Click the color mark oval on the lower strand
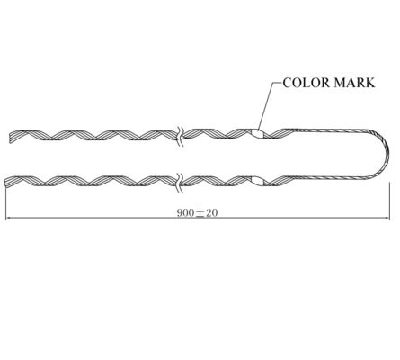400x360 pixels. pyautogui.click(x=259, y=181)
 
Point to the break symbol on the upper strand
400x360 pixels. pyautogui.click(x=180, y=134)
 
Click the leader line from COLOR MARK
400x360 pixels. pyautogui.click(x=268, y=103)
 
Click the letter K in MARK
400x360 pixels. pyautogui.click(x=369, y=82)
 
